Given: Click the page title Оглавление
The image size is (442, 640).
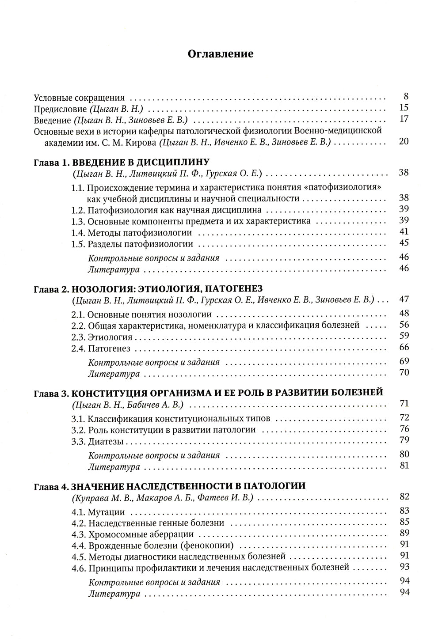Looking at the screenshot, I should click(x=221, y=54).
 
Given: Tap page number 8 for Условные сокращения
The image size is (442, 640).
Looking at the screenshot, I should click(x=406, y=96).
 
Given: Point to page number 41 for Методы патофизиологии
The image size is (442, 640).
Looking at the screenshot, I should click(x=404, y=231).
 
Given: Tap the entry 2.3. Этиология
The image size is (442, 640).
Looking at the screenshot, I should click(x=102, y=337).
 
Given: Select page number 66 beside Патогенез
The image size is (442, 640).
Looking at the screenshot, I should click(x=404, y=348).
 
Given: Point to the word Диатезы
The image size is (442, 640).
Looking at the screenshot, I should click(x=106, y=441).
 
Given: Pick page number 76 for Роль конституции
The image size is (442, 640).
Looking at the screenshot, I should click(x=404, y=429).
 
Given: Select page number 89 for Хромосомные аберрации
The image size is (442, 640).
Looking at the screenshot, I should click(x=404, y=533).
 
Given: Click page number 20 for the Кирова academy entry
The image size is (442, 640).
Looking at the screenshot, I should click(x=404, y=141).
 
